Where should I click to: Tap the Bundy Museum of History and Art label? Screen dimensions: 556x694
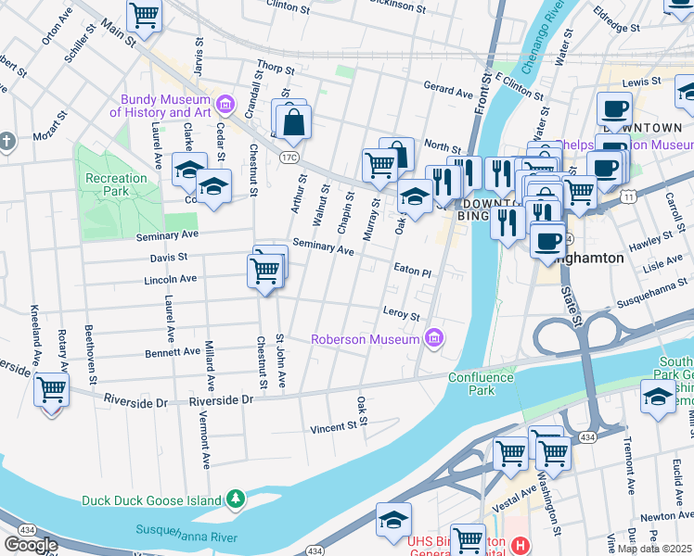pos(161,106)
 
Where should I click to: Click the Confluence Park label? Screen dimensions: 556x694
pos(481,384)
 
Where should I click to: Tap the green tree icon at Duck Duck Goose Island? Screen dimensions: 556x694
pos(236,499)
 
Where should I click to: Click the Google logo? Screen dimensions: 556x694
pos(31,545)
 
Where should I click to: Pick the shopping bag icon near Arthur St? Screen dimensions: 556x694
pos(293,122)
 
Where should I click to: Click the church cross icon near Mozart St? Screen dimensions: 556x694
pos(6,142)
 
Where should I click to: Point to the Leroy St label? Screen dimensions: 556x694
pos(402,313)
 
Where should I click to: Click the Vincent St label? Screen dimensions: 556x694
pos(333,427)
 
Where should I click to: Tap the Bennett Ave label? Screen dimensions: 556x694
pos(172,352)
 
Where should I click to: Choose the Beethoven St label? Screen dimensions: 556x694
pos(91,355)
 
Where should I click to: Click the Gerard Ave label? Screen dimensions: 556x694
pos(448,92)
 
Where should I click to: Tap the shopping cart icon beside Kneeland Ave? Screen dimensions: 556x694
pos(51,390)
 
